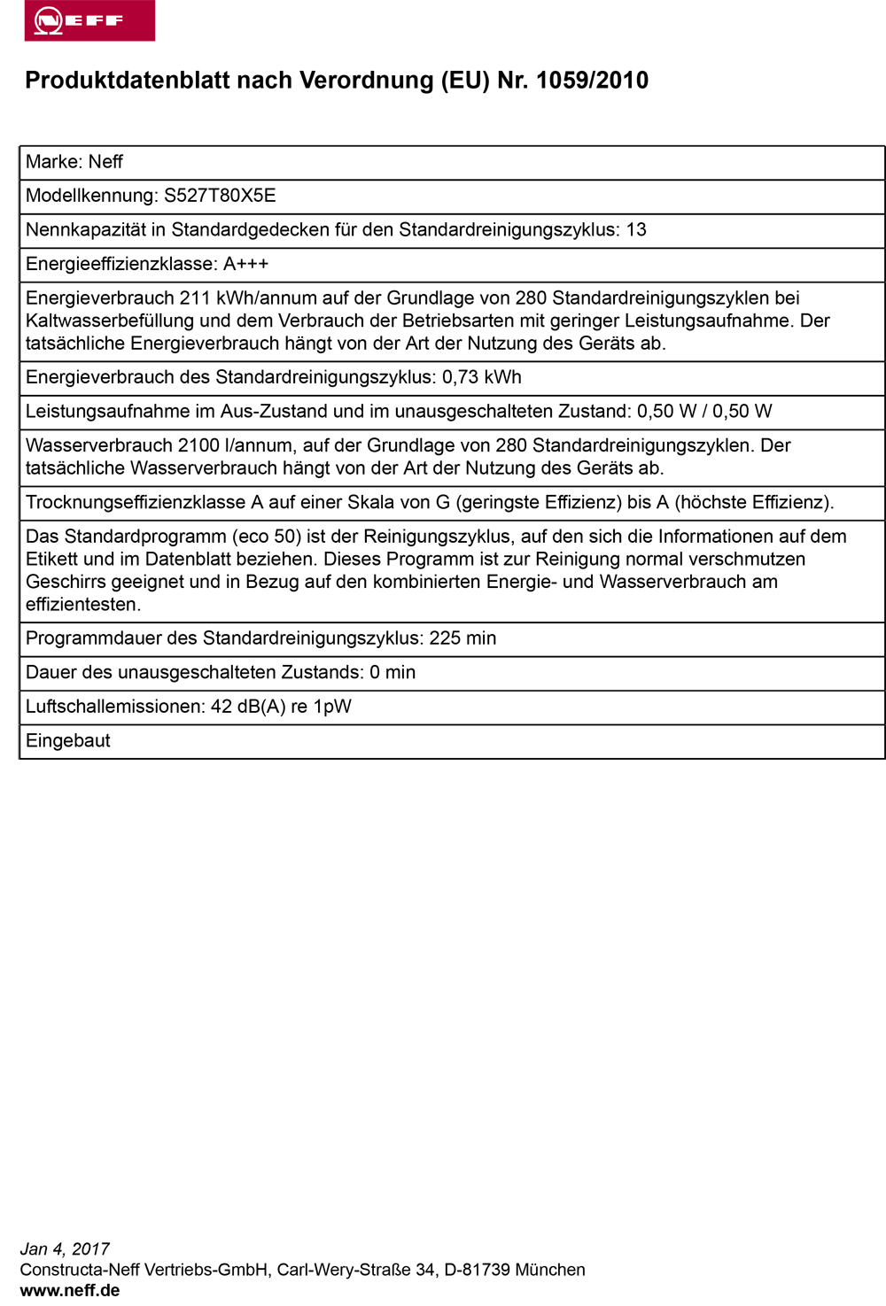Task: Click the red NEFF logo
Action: point(89,20)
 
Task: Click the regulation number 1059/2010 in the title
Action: point(592,81)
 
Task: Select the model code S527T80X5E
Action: point(220,196)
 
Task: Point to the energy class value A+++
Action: point(245,264)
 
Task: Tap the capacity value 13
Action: point(636,230)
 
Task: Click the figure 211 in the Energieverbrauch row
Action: point(195,298)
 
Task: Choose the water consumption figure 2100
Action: point(198,445)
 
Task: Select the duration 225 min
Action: point(462,638)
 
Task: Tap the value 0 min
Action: point(392,673)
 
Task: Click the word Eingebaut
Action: point(68,741)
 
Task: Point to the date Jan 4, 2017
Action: point(65,1249)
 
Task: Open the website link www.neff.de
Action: point(70,1290)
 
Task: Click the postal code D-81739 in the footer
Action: point(477,1270)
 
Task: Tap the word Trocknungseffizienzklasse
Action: point(136,503)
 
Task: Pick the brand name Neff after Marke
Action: point(105,162)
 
